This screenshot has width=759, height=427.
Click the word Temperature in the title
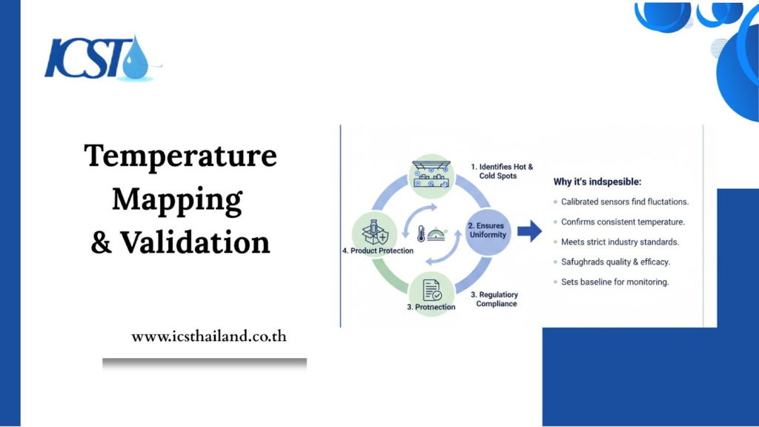click(x=181, y=156)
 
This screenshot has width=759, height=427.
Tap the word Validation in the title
click(x=195, y=242)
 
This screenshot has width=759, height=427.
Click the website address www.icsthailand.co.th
click(x=209, y=336)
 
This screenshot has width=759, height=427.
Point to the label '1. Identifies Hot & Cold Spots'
click(x=502, y=171)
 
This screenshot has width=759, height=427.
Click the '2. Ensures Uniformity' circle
click(x=488, y=231)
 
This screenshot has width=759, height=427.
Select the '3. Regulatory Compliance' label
click(x=494, y=299)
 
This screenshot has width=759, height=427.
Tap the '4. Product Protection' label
click(x=377, y=251)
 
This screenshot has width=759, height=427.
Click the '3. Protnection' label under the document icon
click(x=431, y=307)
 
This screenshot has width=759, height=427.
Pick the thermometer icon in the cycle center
click(x=421, y=234)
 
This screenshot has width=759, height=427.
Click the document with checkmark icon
click(x=432, y=290)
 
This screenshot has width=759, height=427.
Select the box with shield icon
click(x=374, y=232)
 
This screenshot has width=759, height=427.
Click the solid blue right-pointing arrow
click(x=529, y=231)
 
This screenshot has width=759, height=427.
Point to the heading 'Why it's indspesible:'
click(x=597, y=182)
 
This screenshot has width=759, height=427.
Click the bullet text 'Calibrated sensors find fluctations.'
click(x=624, y=202)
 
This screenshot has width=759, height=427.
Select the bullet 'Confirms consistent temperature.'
click(x=623, y=222)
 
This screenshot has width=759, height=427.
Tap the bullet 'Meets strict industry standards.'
click(x=620, y=242)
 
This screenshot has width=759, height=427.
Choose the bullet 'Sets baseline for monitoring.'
click(x=614, y=282)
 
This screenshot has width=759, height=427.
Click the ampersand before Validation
click(x=101, y=242)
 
